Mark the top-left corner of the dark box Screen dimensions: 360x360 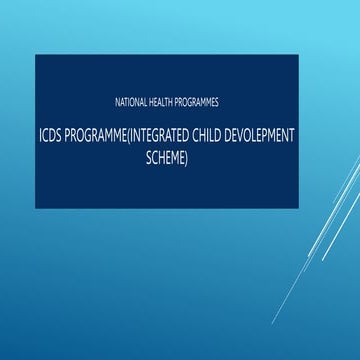click(x=35, y=55)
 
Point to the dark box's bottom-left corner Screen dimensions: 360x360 click(x=35, y=208)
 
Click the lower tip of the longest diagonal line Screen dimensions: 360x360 click(x=273, y=323)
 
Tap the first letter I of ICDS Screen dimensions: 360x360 click(x=41, y=135)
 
